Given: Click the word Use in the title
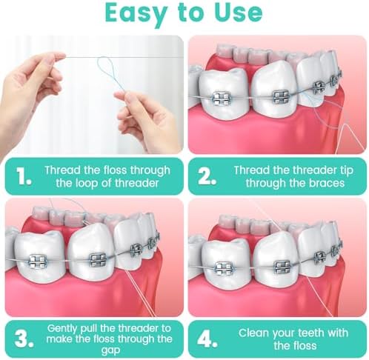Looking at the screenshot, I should tap(237, 13).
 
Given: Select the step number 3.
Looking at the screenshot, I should tap(22, 339).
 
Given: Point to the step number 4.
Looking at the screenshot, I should tap(207, 339).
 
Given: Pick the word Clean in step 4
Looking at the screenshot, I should tap(253, 333).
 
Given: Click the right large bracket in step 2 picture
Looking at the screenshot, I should tap(280, 96).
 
